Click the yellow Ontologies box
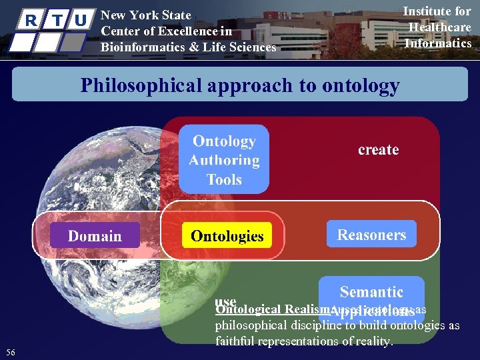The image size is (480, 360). [x=227, y=236]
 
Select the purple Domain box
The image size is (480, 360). [x=95, y=236]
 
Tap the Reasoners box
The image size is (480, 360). [x=371, y=235]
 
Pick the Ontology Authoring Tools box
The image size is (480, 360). [x=224, y=160]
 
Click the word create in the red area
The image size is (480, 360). [x=378, y=150]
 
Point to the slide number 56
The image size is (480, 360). [x=10, y=352]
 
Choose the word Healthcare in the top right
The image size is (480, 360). [x=439, y=27]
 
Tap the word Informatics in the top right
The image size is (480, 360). [x=438, y=43]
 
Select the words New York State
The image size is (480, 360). [x=145, y=15]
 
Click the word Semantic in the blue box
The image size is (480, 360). [x=371, y=292]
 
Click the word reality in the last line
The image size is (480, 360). [x=374, y=341]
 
